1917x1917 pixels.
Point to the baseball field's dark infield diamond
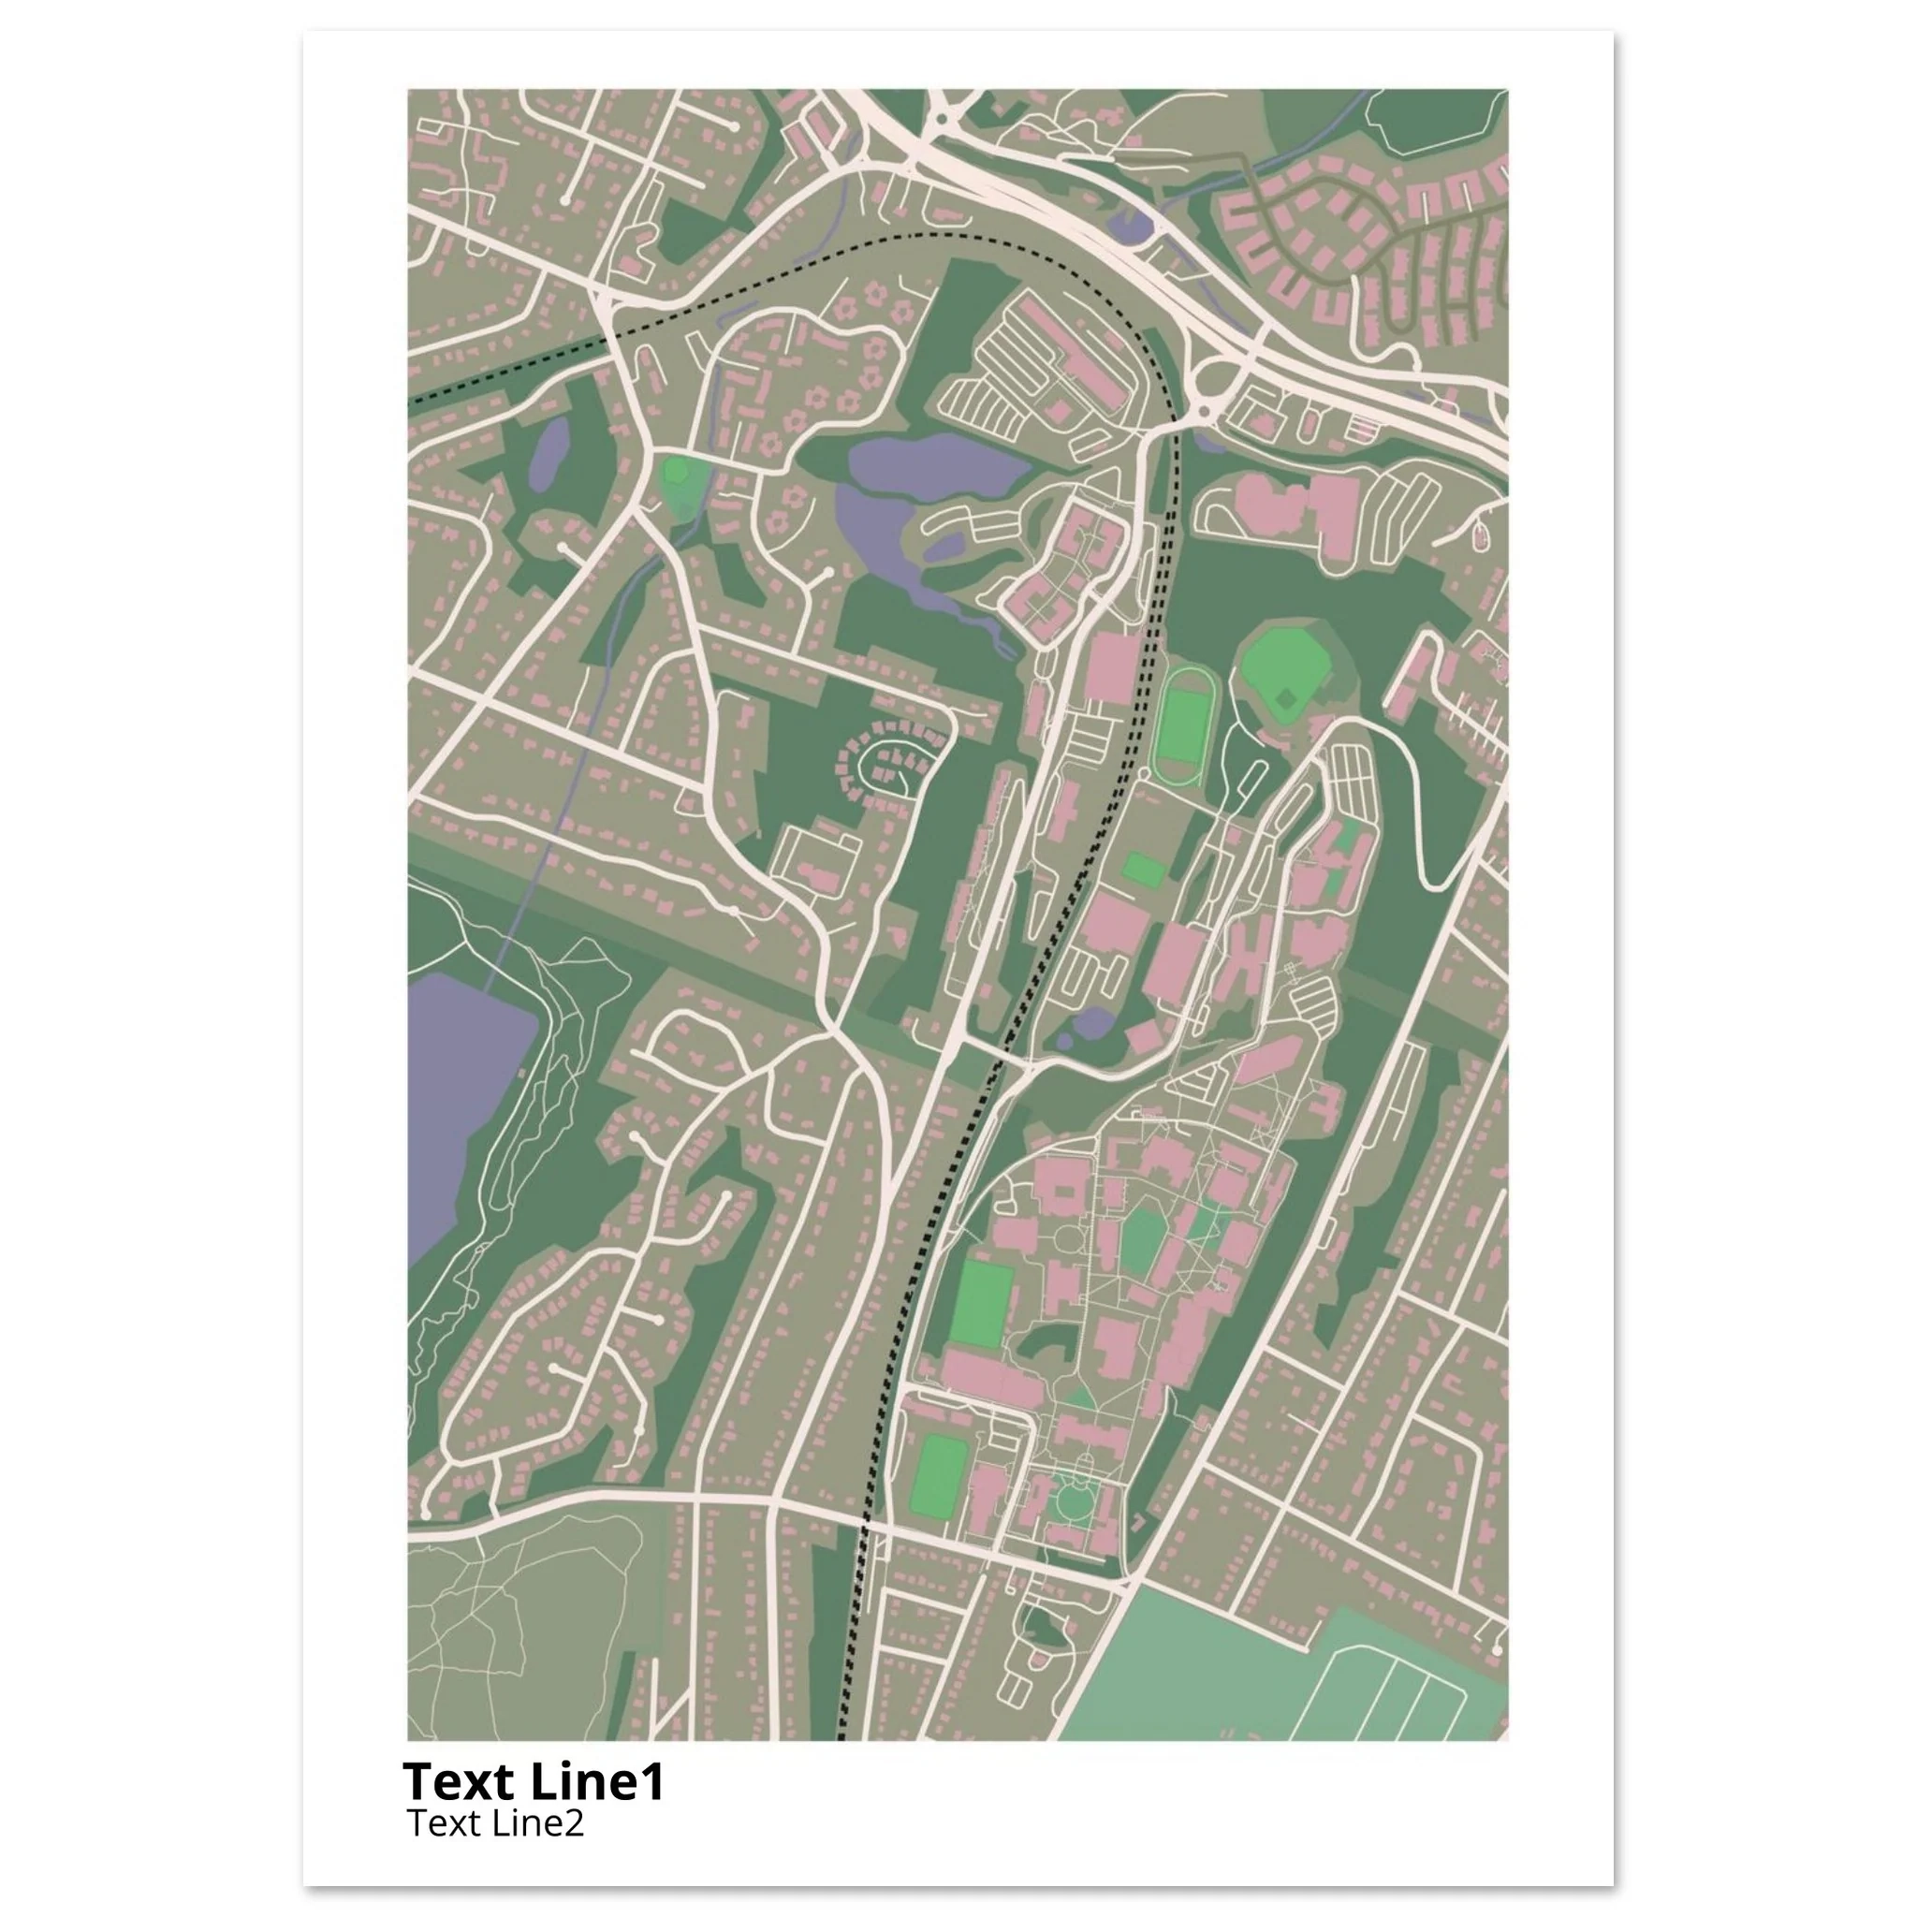(1287, 699)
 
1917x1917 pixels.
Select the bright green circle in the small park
(677, 468)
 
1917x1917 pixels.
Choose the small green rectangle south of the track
(1143, 871)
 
